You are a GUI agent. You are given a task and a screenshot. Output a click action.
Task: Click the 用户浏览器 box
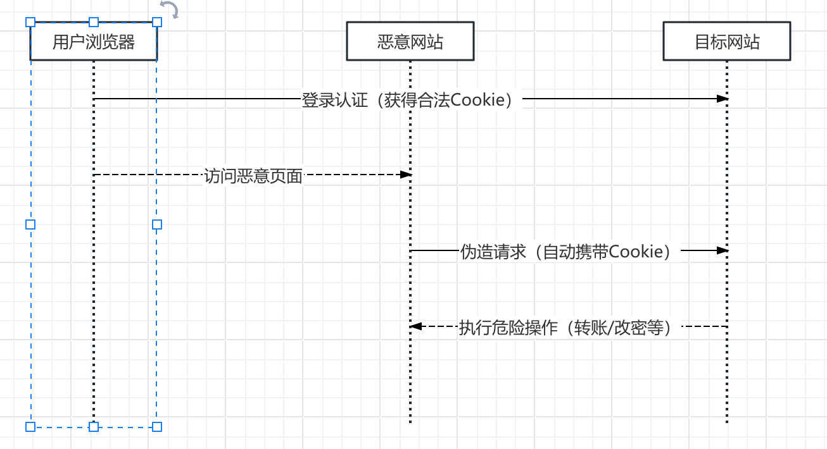[94, 42]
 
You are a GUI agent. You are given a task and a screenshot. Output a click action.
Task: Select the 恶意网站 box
[410, 42]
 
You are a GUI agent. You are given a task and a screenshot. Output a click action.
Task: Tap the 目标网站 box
[726, 42]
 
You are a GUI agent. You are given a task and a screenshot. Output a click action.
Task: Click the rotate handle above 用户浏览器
[169, 9]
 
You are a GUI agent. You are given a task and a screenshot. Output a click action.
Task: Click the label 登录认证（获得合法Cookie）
[410, 100]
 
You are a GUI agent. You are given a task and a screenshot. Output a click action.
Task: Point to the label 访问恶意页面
[253, 176]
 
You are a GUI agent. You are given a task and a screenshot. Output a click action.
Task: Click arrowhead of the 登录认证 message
[723, 99]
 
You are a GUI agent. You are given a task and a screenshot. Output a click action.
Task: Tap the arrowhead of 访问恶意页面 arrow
[407, 175]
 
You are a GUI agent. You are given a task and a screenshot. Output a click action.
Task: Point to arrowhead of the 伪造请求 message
[723, 250]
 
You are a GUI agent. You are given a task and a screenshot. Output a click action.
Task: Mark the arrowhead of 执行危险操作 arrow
[415, 326]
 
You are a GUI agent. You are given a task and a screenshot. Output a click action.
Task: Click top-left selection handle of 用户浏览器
[30, 22]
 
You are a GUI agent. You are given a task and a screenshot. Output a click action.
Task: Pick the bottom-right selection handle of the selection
[157, 427]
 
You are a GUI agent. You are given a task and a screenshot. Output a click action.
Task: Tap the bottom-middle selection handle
[94, 427]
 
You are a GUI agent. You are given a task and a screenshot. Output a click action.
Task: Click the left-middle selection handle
[30, 225]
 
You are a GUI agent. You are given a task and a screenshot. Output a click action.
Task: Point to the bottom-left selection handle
[30, 427]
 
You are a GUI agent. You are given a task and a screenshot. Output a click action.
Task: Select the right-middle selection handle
[157, 225]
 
